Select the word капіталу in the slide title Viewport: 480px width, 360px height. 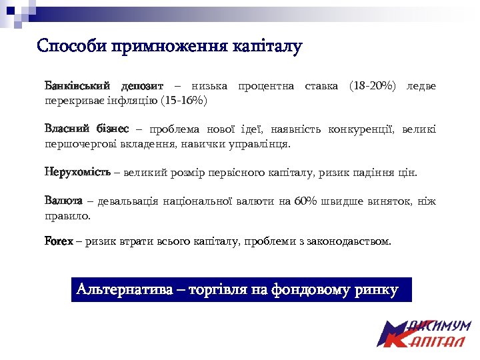point(267,47)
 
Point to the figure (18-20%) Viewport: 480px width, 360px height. point(371,86)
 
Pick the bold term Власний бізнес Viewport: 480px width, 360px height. point(87,129)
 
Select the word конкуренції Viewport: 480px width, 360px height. point(349,129)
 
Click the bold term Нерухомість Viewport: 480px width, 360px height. point(77,173)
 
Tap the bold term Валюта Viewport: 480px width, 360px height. point(63,201)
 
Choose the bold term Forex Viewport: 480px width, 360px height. point(59,241)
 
